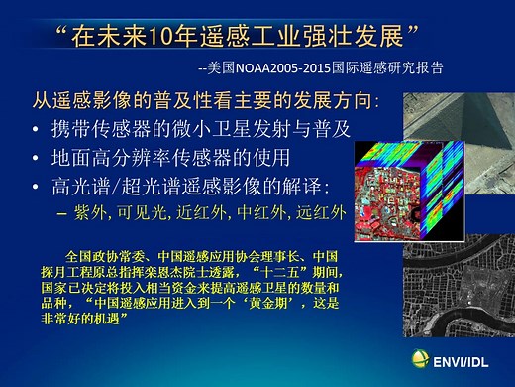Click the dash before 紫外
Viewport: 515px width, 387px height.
click(63, 212)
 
